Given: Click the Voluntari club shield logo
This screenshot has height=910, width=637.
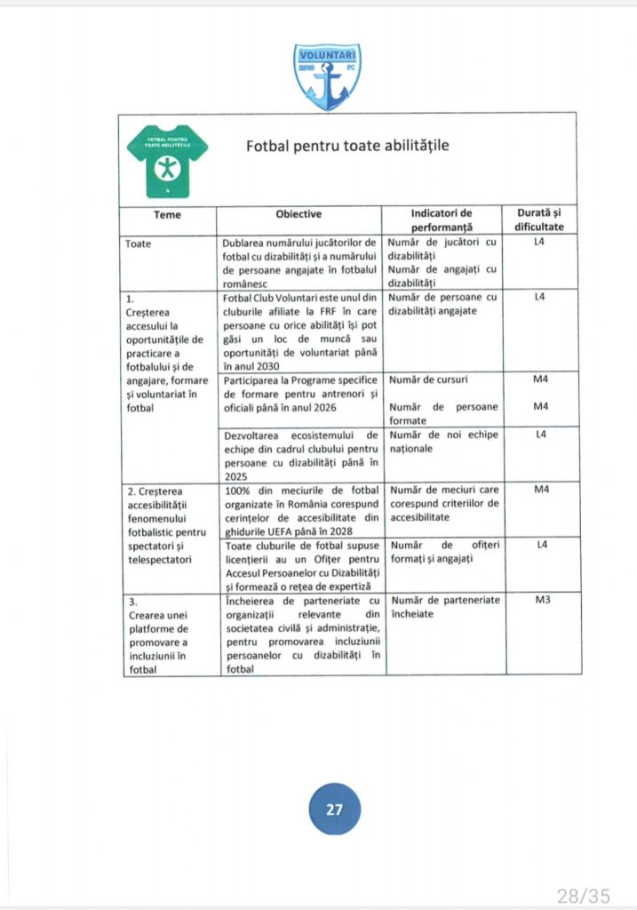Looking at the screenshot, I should (x=329, y=76).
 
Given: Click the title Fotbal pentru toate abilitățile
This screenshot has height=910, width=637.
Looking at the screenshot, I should (x=346, y=145).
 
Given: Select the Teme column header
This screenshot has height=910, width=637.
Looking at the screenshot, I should (x=167, y=215).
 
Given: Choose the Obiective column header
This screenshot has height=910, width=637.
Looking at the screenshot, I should (x=299, y=214).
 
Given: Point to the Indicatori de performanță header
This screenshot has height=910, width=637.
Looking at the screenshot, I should (x=442, y=220).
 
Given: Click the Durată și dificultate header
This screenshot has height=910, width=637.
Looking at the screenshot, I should (x=538, y=220).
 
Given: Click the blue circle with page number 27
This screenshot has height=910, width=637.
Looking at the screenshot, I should (x=334, y=810).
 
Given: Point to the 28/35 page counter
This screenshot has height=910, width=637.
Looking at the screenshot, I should (x=583, y=894).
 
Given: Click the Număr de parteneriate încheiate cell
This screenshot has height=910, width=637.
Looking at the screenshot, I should (x=443, y=607).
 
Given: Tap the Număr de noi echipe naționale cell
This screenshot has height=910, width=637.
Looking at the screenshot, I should (x=443, y=442).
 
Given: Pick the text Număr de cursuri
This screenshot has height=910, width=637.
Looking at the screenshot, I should (x=428, y=380).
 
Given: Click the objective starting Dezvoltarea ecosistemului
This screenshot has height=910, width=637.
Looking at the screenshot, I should (x=301, y=454).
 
